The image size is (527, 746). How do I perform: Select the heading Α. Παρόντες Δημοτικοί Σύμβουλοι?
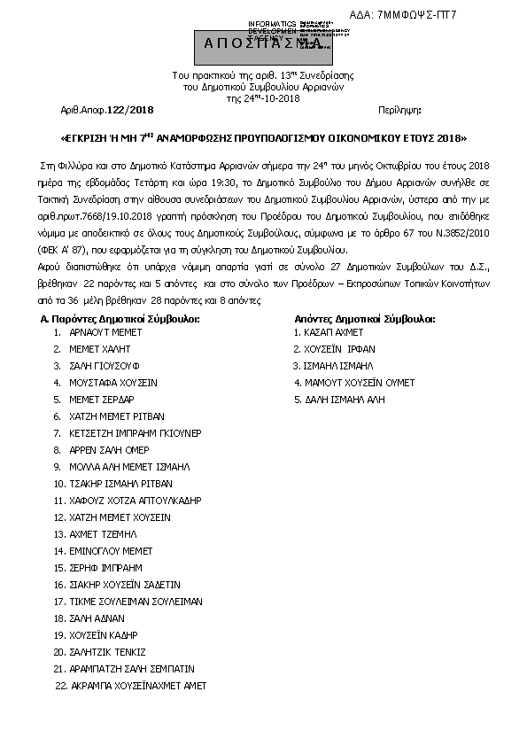[x=120, y=317]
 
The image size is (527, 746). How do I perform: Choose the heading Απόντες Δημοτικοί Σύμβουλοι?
[x=364, y=317]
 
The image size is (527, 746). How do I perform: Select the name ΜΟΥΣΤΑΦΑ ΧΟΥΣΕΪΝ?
[x=112, y=383]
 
